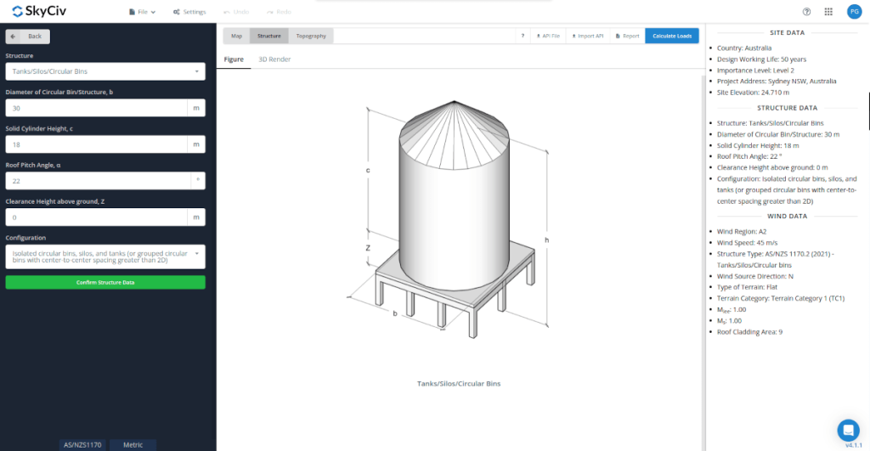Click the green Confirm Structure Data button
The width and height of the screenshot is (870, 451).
tap(105, 282)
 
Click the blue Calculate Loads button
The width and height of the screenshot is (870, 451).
tap(672, 36)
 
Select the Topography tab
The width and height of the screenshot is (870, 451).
tap(311, 36)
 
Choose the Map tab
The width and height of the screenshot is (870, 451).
tap(236, 36)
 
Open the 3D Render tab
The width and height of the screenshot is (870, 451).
tap(274, 59)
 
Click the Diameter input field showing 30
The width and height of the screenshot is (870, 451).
tap(96, 108)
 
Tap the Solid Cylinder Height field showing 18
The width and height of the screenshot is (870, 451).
tap(96, 144)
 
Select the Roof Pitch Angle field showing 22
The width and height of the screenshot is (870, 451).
tap(96, 181)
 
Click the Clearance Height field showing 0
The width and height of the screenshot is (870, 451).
tap(96, 217)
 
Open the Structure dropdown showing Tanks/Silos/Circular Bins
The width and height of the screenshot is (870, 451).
tap(105, 71)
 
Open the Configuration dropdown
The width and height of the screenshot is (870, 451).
tap(105, 257)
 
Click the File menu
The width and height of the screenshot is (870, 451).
tap(142, 12)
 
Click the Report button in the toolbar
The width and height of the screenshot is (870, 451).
tap(628, 36)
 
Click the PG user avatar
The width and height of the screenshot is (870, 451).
tap(854, 12)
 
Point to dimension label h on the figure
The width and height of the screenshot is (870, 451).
tap(546, 240)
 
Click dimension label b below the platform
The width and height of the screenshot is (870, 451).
tap(395, 313)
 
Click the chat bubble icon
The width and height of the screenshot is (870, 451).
tap(847, 429)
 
